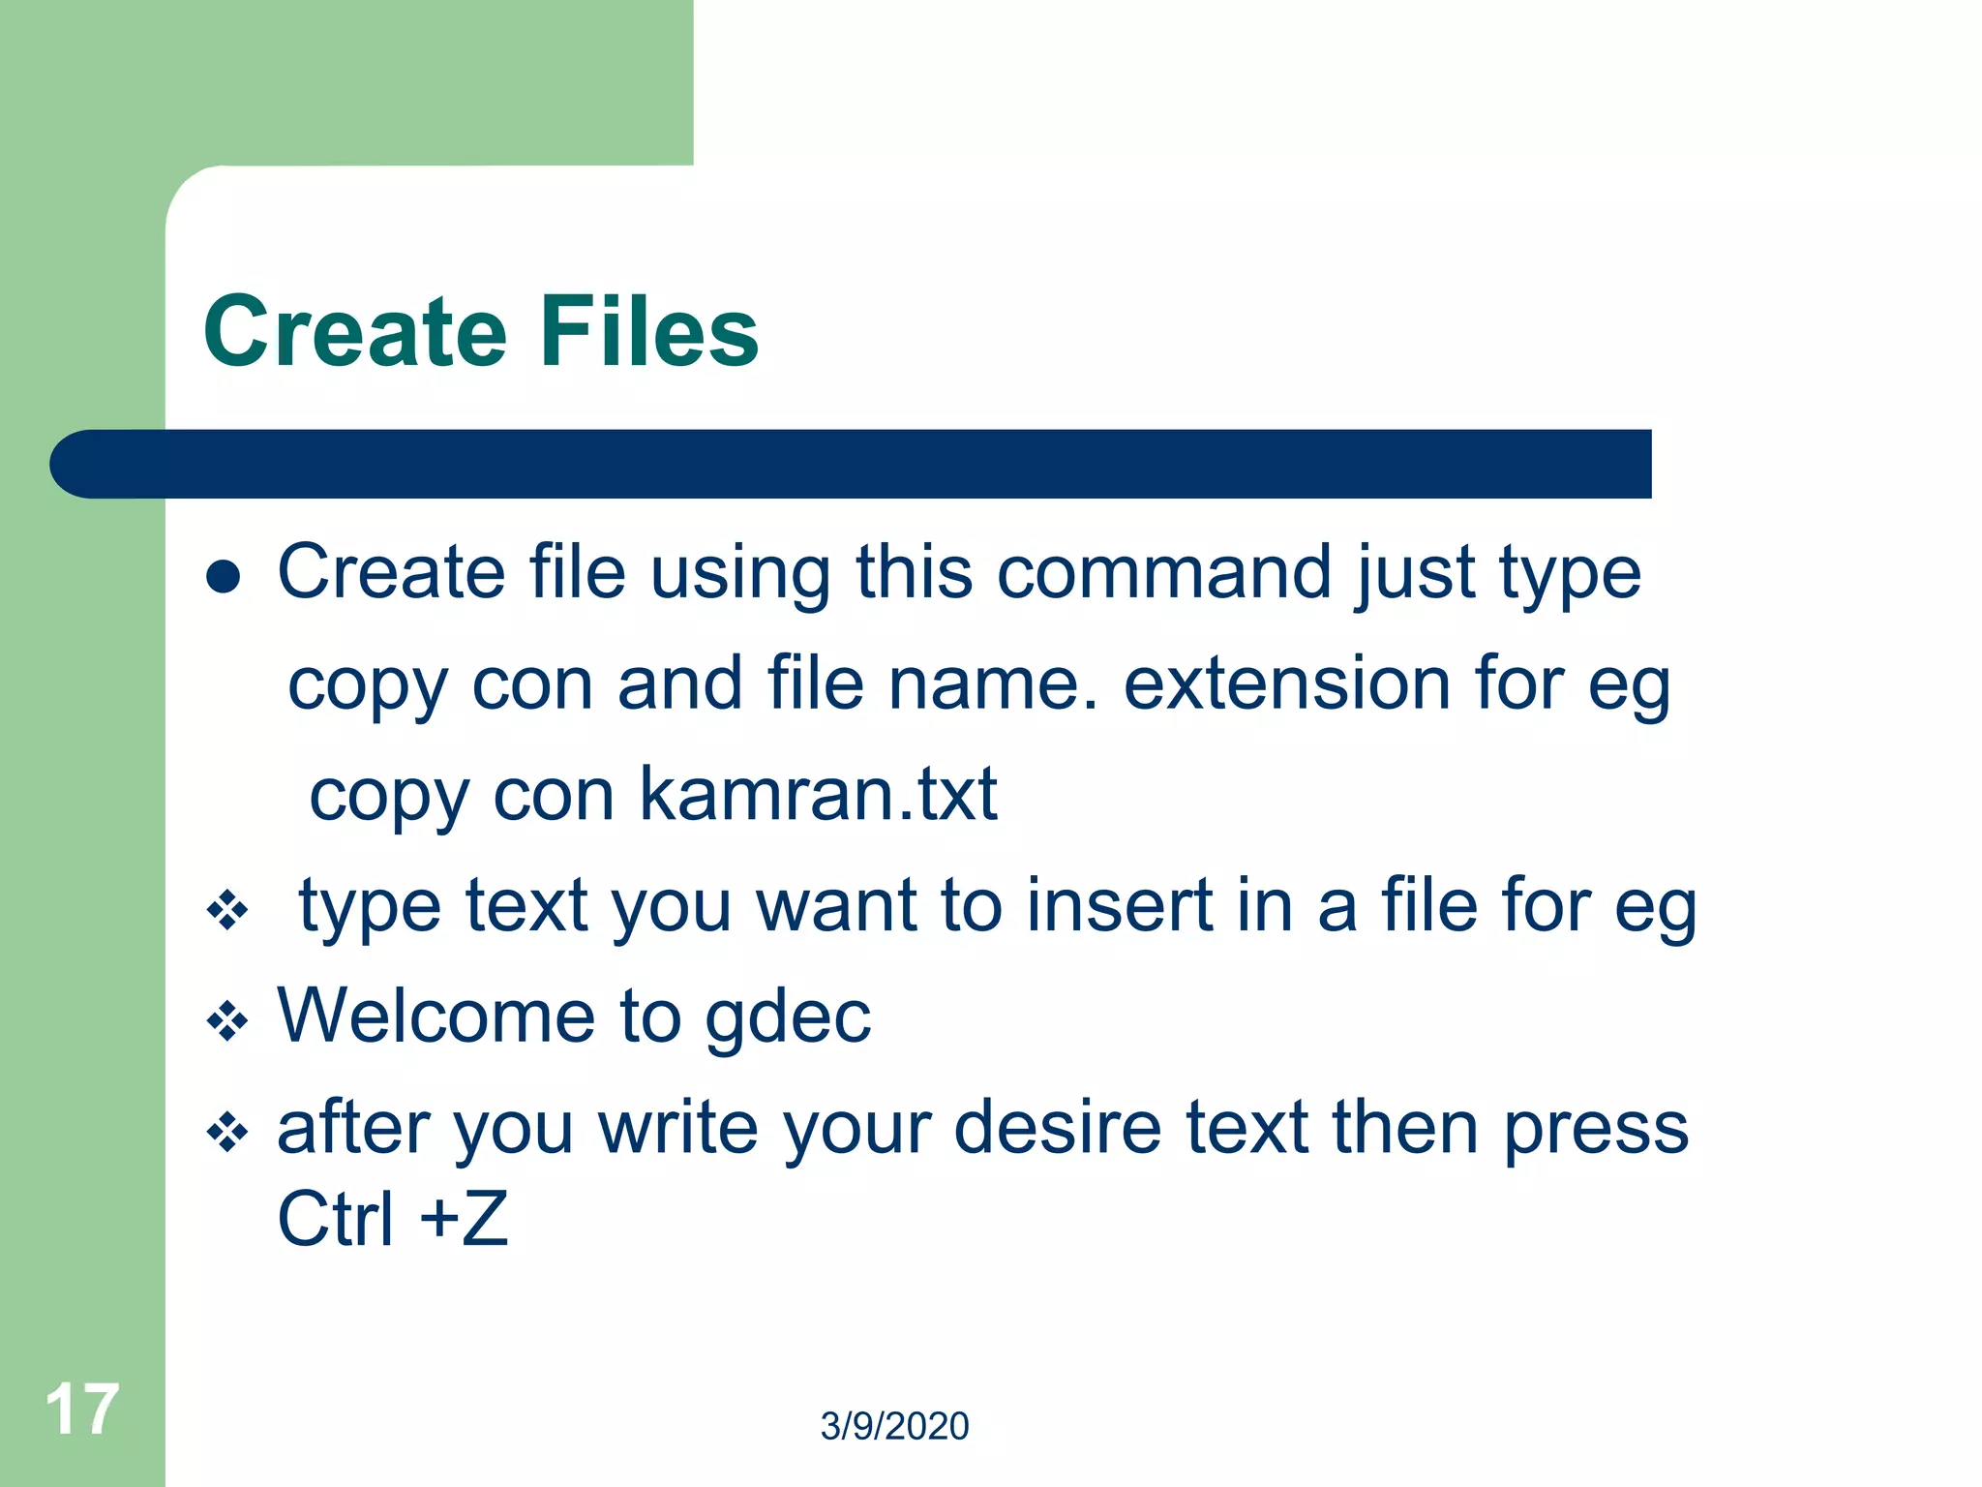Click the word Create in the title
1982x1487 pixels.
point(354,332)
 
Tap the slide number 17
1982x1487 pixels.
point(82,1410)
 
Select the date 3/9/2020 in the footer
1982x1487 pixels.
point(894,1426)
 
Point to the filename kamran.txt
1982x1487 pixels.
point(818,794)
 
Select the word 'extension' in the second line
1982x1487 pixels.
point(1287,684)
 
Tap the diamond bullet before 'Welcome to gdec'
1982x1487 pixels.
point(227,1021)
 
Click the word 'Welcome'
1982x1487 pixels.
point(435,1016)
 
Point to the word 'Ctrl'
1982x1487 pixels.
point(335,1219)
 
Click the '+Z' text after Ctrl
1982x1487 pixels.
point(465,1219)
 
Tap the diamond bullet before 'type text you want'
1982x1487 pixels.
point(227,911)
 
